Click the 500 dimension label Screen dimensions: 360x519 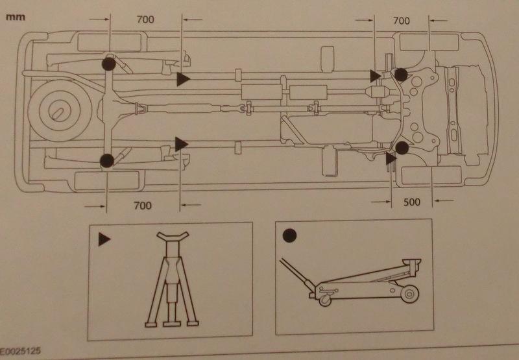(x=411, y=202)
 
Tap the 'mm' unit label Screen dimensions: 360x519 (x=15, y=18)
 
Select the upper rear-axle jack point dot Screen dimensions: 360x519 (x=108, y=64)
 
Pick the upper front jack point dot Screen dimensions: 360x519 (x=402, y=75)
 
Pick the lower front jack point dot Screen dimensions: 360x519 (x=402, y=148)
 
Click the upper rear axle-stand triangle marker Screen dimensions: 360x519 (x=182, y=79)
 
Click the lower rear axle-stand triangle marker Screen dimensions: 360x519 (x=182, y=143)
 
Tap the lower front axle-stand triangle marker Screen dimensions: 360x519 (x=391, y=158)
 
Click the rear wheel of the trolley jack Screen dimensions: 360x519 (x=407, y=294)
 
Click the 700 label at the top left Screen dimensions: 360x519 (x=145, y=19)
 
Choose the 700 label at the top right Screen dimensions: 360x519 (x=402, y=21)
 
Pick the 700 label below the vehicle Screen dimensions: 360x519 (x=143, y=206)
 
